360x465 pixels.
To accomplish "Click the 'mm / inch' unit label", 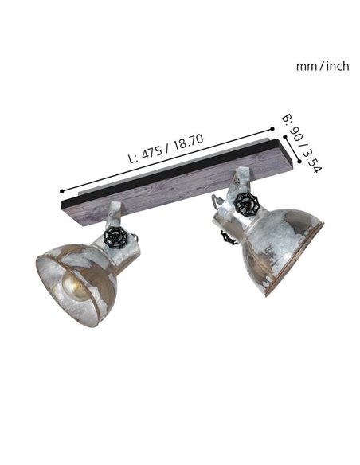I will pos(322,66).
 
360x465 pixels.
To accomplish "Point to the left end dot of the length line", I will pos(61,192).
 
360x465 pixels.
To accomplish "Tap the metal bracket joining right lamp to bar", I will pos(240,181).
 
